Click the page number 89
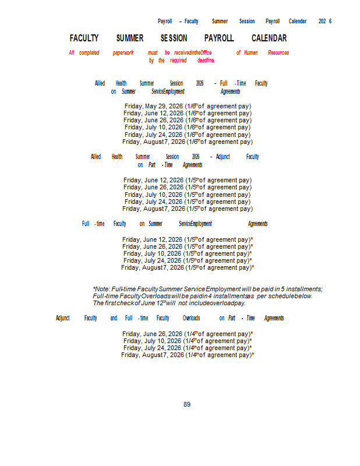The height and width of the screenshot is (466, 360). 187,404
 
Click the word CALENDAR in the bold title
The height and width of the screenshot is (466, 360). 269,38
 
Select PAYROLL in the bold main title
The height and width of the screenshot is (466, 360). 219,38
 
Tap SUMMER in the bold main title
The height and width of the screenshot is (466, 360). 130,38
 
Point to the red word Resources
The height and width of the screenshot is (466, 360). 278,53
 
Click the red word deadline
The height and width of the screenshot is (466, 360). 206,60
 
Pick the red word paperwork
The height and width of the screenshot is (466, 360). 123,53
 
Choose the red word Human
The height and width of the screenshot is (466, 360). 250,53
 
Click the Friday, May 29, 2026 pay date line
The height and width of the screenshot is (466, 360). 188,106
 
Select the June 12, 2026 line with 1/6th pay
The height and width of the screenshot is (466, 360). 188,113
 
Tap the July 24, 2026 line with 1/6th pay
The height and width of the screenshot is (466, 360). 188,135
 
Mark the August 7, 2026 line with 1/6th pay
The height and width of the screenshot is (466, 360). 188,142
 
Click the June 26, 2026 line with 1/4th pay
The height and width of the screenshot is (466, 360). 188,334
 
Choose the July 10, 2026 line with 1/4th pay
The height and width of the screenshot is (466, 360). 188,341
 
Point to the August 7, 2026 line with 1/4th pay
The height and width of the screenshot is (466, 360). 188,355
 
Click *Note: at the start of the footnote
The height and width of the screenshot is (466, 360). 101,289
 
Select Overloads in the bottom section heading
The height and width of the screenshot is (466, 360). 191,318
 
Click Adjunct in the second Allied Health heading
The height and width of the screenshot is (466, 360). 223,157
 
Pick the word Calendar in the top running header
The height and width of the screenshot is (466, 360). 297,21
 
